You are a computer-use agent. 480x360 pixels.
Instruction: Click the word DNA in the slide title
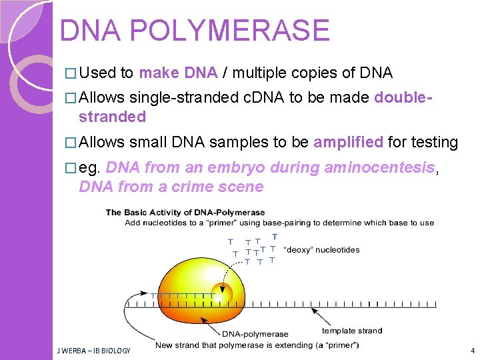89,31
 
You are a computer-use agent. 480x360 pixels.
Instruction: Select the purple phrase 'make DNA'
178,73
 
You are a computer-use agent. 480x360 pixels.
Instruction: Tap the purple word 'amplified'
348,142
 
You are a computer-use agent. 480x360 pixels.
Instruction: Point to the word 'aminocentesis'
379,167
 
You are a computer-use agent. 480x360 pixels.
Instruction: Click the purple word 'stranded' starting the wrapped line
112,117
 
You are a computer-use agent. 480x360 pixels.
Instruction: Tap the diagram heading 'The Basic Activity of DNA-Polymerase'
185,213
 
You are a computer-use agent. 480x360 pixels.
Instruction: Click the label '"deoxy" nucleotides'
322,250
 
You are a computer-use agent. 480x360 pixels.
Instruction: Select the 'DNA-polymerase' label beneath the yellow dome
255,334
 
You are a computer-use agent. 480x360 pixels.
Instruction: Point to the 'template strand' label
352,331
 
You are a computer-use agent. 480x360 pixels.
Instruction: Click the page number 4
472,350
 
